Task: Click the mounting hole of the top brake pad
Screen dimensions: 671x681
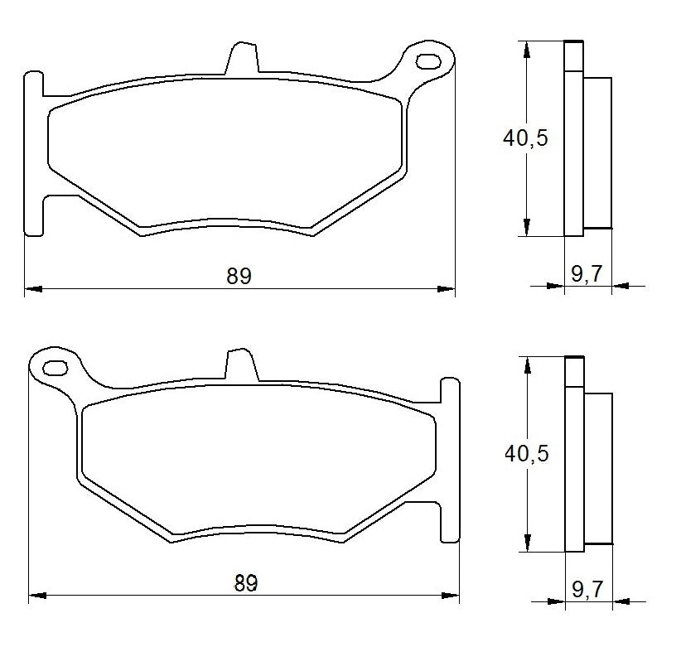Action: (x=429, y=60)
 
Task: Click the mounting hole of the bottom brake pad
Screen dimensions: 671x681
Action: (x=55, y=367)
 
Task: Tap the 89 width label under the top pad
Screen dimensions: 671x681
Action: (x=239, y=276)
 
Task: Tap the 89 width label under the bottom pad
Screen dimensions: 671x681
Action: (x=245, y=583)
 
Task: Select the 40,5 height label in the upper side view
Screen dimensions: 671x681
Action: (x=525, y=138)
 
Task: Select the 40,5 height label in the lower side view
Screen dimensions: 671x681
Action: (x=527, y=453)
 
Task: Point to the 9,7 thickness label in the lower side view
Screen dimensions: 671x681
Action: (x=587, y=589)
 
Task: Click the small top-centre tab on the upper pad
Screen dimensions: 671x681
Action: (x=243, y=60)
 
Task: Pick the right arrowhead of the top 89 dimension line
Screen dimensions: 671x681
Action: (x=447, y=289)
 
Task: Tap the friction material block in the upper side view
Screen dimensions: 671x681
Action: (x=599, y=152)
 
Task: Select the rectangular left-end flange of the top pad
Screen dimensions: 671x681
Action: (x=34, y=153)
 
